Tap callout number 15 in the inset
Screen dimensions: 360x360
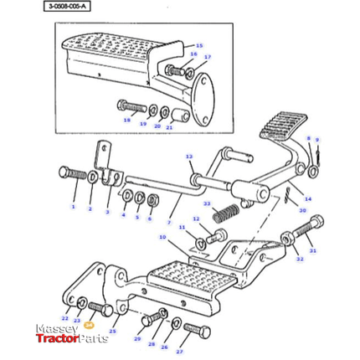199,45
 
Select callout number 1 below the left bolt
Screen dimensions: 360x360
73,207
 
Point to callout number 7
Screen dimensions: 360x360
169,223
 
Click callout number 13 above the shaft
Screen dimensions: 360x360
189,157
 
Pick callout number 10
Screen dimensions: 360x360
162,238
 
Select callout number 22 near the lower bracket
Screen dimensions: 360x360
66,319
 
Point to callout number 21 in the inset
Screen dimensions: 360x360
169,128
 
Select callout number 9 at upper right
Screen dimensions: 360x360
316,140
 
